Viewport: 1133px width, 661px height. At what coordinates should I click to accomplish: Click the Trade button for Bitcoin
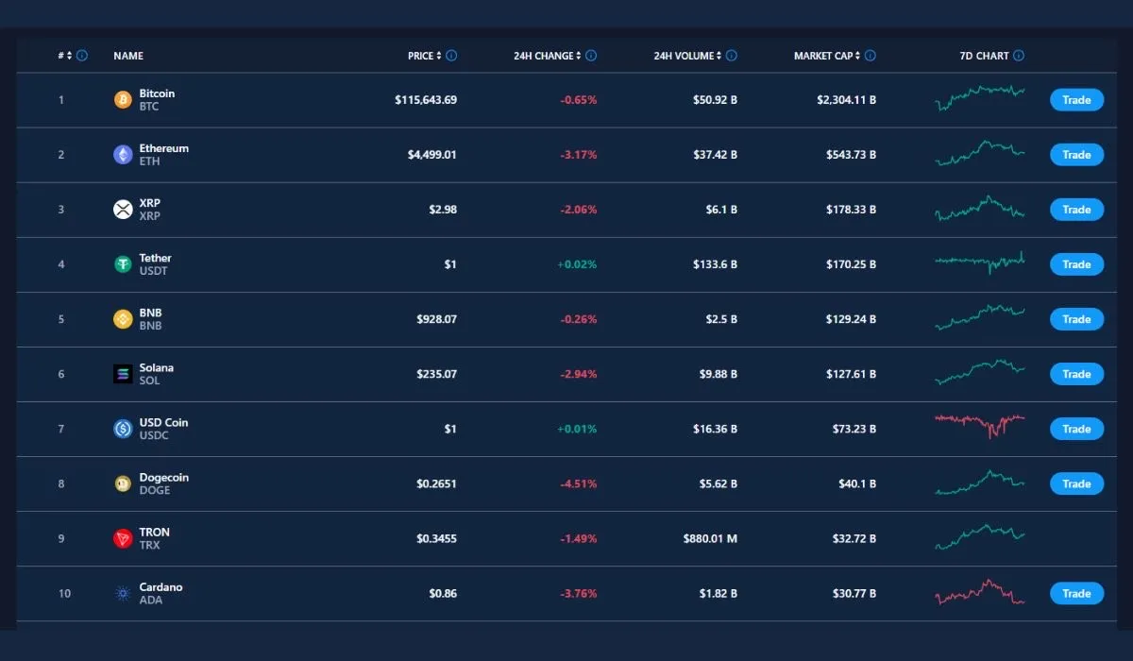click(x=1076, y=100)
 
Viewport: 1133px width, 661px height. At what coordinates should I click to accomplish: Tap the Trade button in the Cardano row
click(x=1076, y=594)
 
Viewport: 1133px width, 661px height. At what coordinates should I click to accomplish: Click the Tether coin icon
click(x=123, y=264)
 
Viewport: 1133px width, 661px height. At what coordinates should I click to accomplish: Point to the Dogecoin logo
click(x=123, y=483)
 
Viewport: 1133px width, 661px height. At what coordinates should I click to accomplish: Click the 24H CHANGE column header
click(x=543, y=56)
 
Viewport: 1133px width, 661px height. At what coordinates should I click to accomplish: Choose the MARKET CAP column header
click(x=826, y=56)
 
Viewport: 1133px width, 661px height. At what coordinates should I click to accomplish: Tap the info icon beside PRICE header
click(x=451, y=56)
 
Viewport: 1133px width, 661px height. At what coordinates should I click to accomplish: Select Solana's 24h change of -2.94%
click(x=577, y=374)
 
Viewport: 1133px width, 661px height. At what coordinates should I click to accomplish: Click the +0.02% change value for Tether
click(x=577, y=264)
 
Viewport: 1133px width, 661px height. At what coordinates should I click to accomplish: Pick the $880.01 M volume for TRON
click(x=710, y=539)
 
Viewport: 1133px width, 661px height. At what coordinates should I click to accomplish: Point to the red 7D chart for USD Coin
click(x=979, y=424)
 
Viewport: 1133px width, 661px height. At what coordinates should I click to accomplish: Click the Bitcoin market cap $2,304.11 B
click(x=846, y=100)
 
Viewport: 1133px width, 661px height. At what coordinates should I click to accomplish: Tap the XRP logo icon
click(x=123, y=210)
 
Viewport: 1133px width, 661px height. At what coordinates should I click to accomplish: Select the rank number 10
click(x=64, y=594)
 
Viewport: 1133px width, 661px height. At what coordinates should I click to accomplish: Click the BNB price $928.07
click(x=436, y=319)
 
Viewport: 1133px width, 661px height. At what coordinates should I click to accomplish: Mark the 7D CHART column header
click(x=984, y=56)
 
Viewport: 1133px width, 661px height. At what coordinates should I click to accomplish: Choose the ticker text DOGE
click(x=155, y=490)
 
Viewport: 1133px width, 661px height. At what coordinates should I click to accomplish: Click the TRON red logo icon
click(x=123, y=539)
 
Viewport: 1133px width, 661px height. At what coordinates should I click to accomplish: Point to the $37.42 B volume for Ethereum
click(x=715, y=155)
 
